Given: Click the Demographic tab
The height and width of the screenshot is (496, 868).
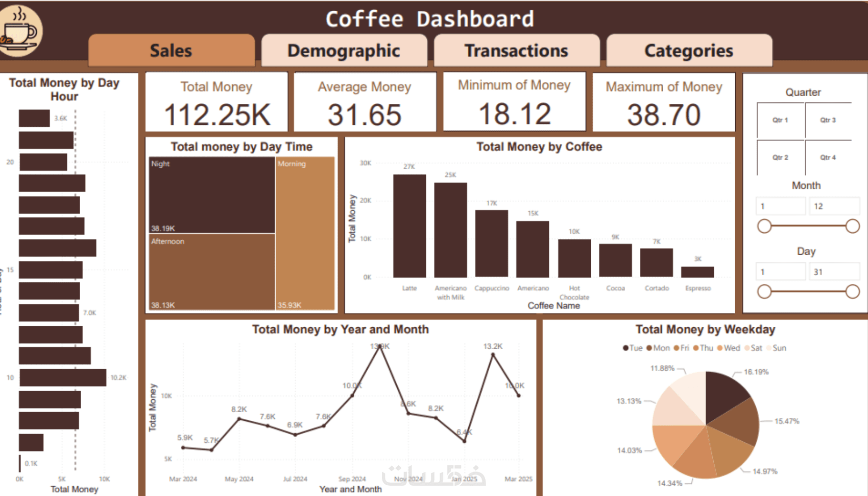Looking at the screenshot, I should (344, 51).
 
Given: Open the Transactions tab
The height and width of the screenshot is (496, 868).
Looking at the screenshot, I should (516, 51).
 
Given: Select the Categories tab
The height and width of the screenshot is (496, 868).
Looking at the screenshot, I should (689, 51).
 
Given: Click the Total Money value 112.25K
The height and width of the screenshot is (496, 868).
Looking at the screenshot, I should (216, 115).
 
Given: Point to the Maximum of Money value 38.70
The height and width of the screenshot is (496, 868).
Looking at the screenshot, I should (663, 115).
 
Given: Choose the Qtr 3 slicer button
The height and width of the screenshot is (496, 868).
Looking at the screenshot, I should (828, 120).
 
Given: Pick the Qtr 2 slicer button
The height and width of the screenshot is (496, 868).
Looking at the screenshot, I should (780, 157).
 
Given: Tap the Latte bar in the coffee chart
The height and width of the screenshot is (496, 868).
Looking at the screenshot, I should (409, 226).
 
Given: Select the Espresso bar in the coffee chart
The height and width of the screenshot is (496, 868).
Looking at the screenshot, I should (697, 272).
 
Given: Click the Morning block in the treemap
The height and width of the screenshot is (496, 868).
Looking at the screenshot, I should (305, 233).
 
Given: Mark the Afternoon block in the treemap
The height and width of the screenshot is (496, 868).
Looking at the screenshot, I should (212, 272).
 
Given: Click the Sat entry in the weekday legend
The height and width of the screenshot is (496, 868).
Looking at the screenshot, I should (753, 348).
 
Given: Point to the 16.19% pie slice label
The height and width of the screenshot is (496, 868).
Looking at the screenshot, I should (756, 372).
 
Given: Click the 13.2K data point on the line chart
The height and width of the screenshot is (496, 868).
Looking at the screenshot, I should (493, 354).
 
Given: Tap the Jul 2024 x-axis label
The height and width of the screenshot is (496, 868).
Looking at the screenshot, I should (295, 479).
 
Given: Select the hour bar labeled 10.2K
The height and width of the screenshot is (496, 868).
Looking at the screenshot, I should (63, 378).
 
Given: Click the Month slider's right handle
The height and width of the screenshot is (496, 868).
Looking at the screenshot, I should (852, 226).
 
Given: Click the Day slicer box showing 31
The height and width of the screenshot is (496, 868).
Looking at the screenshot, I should (833, 272).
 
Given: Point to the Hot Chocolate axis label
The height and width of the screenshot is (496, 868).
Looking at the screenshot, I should (574, 292).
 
